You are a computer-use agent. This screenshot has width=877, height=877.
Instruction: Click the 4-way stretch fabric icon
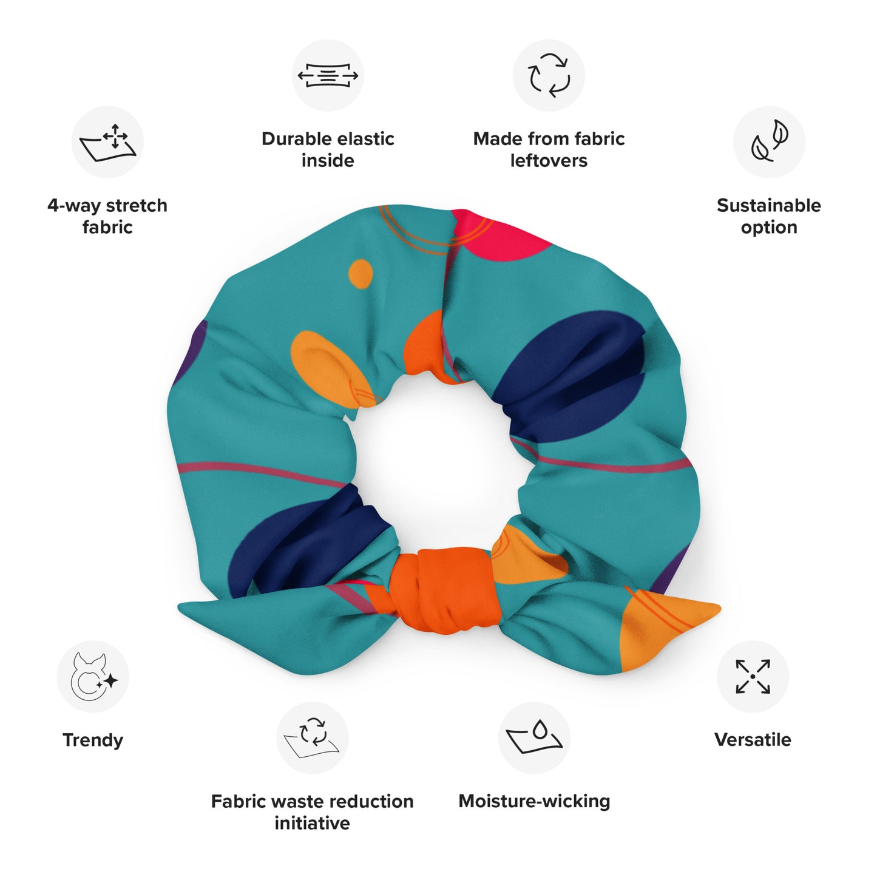107,142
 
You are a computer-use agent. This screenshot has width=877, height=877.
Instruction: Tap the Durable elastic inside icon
328,75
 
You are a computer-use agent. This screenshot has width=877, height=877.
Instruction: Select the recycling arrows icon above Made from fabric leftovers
549,75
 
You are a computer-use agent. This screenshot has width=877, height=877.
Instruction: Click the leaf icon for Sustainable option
769,142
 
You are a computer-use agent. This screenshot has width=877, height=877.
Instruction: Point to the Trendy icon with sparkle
93,676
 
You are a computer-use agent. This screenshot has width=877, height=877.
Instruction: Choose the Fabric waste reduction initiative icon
312,737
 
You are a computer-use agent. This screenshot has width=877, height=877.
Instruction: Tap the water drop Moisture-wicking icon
534,737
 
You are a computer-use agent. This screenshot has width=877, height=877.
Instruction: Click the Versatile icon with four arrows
753,676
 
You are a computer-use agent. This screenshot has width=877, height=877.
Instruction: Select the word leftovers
549,161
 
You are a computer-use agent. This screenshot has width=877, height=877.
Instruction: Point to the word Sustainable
768,206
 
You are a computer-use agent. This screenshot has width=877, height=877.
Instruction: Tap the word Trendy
93,740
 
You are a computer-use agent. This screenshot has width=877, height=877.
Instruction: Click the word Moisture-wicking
534,801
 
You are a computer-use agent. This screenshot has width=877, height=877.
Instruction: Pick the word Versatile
753,740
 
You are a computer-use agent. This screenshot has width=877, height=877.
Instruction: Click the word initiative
312,823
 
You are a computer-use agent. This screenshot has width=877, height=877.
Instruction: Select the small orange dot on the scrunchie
361,273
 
